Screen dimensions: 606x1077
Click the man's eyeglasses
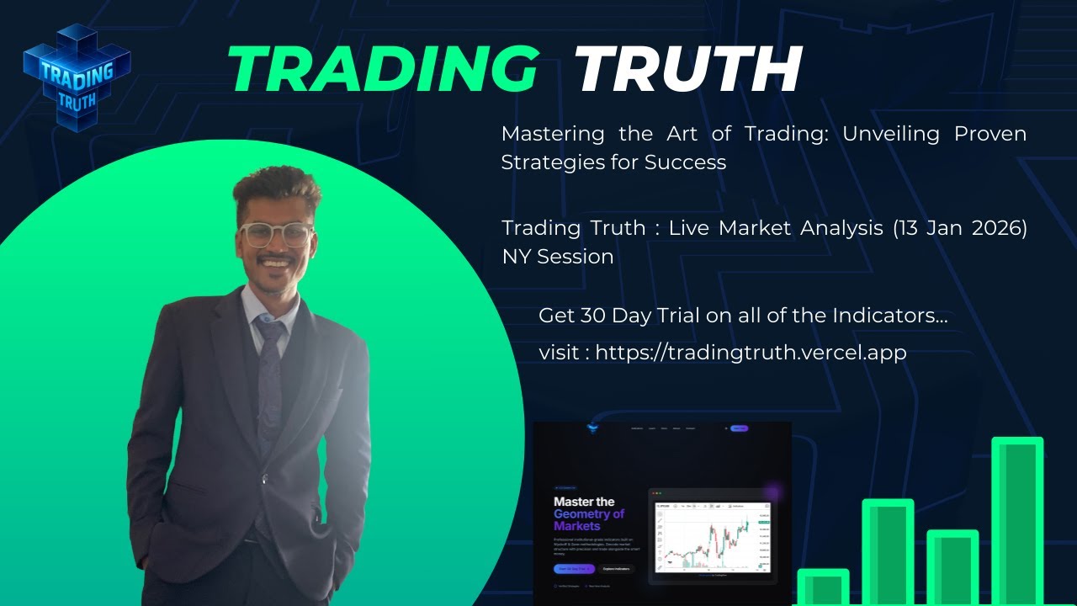click(x=275, y=234)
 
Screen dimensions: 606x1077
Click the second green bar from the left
click(x=887, y=551)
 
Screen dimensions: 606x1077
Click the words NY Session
click(x=558, y=257)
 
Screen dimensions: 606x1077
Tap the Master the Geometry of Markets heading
click(x=589, y=513)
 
